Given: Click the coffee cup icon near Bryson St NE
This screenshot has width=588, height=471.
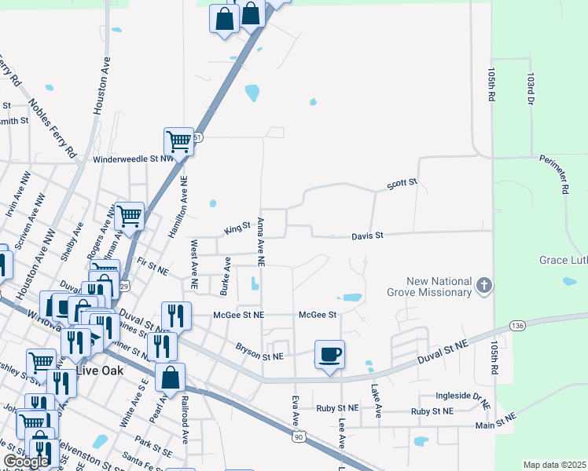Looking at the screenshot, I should click(329, 354).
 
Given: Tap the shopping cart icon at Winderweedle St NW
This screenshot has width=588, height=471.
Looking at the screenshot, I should click(178, 143).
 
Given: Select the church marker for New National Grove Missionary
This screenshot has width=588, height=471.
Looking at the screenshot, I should click(485, 287).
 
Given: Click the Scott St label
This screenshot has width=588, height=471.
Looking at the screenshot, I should click(401, 185).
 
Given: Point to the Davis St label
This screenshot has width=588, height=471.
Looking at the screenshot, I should click(367, 235).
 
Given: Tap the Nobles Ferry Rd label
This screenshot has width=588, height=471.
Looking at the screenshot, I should click(52, 125).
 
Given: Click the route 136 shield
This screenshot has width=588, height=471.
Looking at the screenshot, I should click(516, 325).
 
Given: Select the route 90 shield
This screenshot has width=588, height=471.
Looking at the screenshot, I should click(296, 435).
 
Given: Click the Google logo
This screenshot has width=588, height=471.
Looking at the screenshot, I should click(26, 462).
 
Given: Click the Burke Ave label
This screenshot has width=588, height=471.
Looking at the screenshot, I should click(226, 277).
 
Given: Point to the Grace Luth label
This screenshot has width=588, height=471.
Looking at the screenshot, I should click(562, 260).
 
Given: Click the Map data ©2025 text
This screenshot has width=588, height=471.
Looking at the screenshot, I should click(555, 465).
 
